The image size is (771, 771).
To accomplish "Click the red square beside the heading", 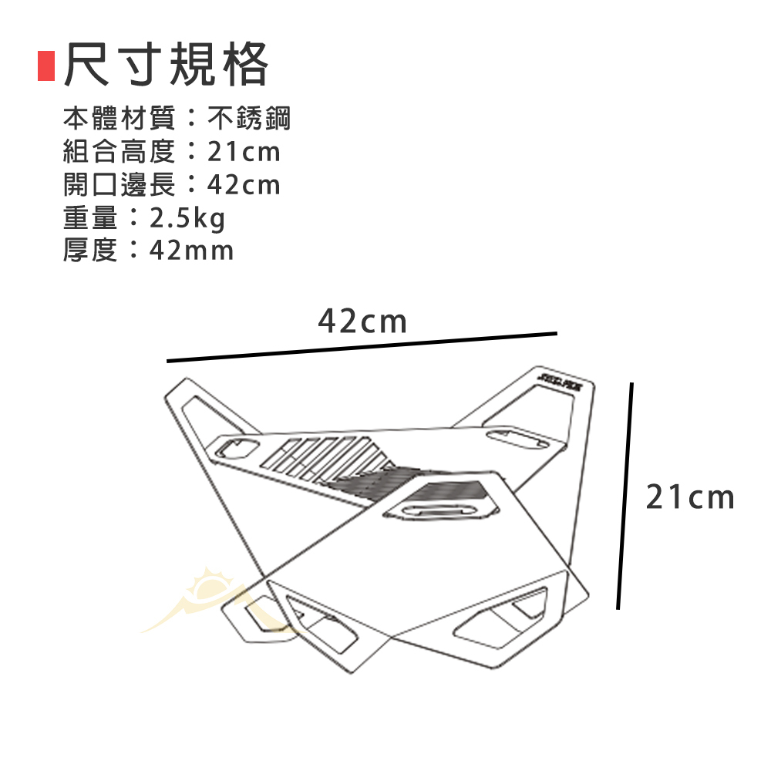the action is click(46, 66).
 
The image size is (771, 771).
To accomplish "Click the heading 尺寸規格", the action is click(167, 65).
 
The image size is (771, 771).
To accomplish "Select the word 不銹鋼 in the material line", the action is click(250, 119).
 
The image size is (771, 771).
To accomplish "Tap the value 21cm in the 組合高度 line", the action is click(244, 152).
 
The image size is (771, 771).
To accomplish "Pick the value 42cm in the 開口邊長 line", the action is click(244, 185).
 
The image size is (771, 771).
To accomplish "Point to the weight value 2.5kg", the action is click(187, 219).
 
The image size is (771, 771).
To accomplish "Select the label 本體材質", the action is click(120, 119).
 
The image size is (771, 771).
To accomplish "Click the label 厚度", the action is click(91, 251).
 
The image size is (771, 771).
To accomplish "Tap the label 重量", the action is click(91, 219).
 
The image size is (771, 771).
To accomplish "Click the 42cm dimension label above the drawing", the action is click(362, 321).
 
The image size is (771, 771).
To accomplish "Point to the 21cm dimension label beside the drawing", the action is click(690, 498).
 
